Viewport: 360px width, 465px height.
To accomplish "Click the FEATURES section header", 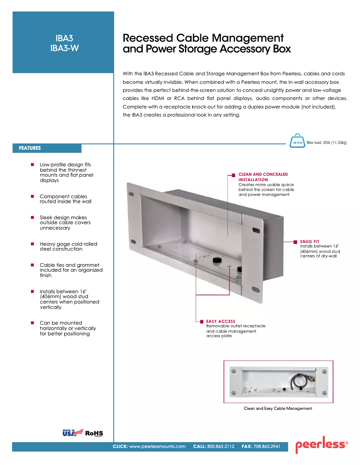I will tap(30, 148).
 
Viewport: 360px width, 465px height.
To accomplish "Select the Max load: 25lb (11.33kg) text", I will tap(326, 143).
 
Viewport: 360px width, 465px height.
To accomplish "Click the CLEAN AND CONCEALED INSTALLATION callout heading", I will tap(263, 177).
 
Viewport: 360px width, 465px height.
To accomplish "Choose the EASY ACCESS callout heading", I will tap(220, 321).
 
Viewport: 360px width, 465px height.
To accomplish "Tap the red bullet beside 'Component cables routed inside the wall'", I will tap(32, 196).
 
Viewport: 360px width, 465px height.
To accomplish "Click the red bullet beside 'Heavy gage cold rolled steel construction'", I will tap(32, 244).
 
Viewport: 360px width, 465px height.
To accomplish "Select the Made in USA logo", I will tap(72, 433).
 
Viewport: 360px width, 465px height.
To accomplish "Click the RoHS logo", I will tap(94, 433).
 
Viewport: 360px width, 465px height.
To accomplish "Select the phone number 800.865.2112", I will tap(220, 447).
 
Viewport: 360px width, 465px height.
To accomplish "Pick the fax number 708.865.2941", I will tap(267, 447).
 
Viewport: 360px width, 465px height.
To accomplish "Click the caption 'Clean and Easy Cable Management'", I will tap(278, 409).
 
